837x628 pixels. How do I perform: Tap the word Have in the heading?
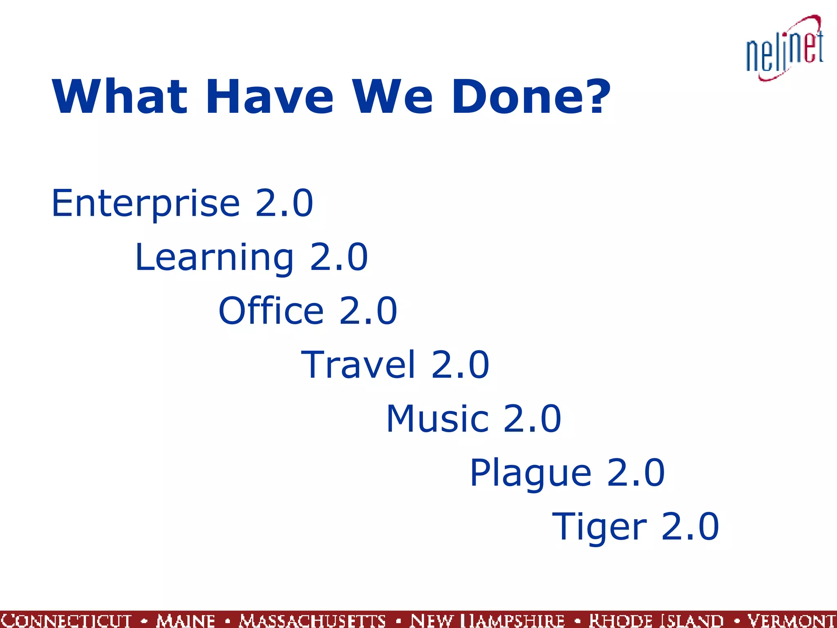pos(270,97)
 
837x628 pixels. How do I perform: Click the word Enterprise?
pos(145,204)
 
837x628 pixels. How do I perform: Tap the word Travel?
pos(358,365)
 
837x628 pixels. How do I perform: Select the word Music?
pos(437,419)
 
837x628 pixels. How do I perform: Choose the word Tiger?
pos(599,527)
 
